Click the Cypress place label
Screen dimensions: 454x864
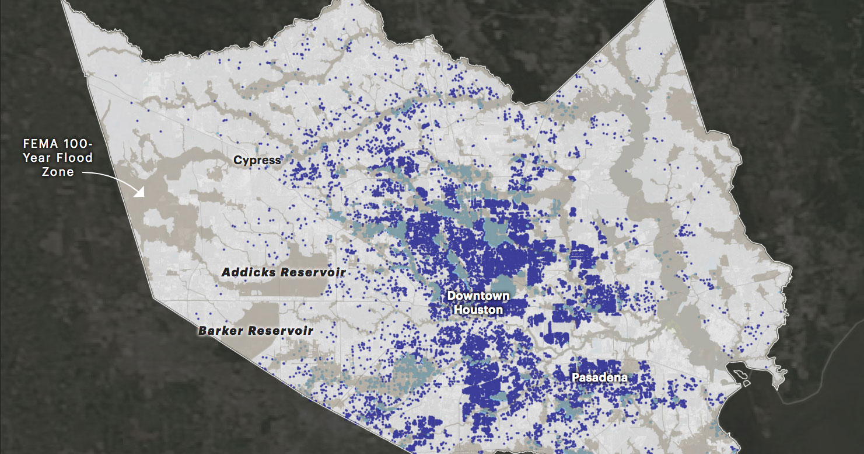click(257, 160)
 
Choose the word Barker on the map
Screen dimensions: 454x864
click(220, 331)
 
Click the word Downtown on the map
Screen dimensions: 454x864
click(478, 296)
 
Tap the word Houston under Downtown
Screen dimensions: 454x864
click(478, 309)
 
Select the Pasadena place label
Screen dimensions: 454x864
click(600, 377)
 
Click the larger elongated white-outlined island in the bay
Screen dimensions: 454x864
click(738, 373)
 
